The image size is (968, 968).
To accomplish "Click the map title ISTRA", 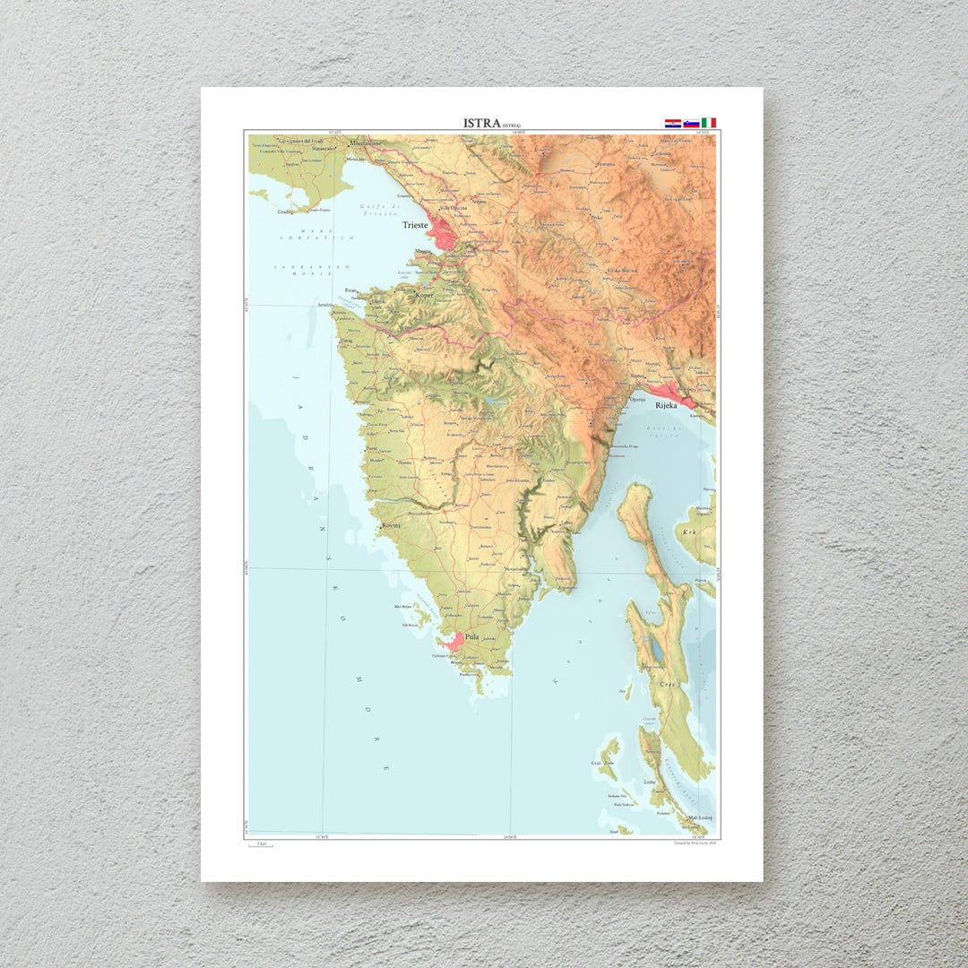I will coord(481,123).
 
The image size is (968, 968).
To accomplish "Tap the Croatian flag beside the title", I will coord(672,123).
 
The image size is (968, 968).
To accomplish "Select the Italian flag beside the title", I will coord(709,123).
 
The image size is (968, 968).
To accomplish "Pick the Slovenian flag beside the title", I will coord(691,123).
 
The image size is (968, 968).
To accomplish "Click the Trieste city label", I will coord(415,225).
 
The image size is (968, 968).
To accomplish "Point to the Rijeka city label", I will coord(666,405).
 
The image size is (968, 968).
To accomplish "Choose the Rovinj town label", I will coord(391,525).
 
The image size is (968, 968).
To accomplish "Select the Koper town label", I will coord(424,294).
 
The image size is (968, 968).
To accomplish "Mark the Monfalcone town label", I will coord(367,143).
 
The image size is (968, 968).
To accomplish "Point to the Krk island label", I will coord(689,532).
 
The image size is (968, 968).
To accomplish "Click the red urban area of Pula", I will coord(454,641).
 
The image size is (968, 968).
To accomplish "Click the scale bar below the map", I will coord(261,846).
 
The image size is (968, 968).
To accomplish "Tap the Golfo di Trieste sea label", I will coord(377,212).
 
